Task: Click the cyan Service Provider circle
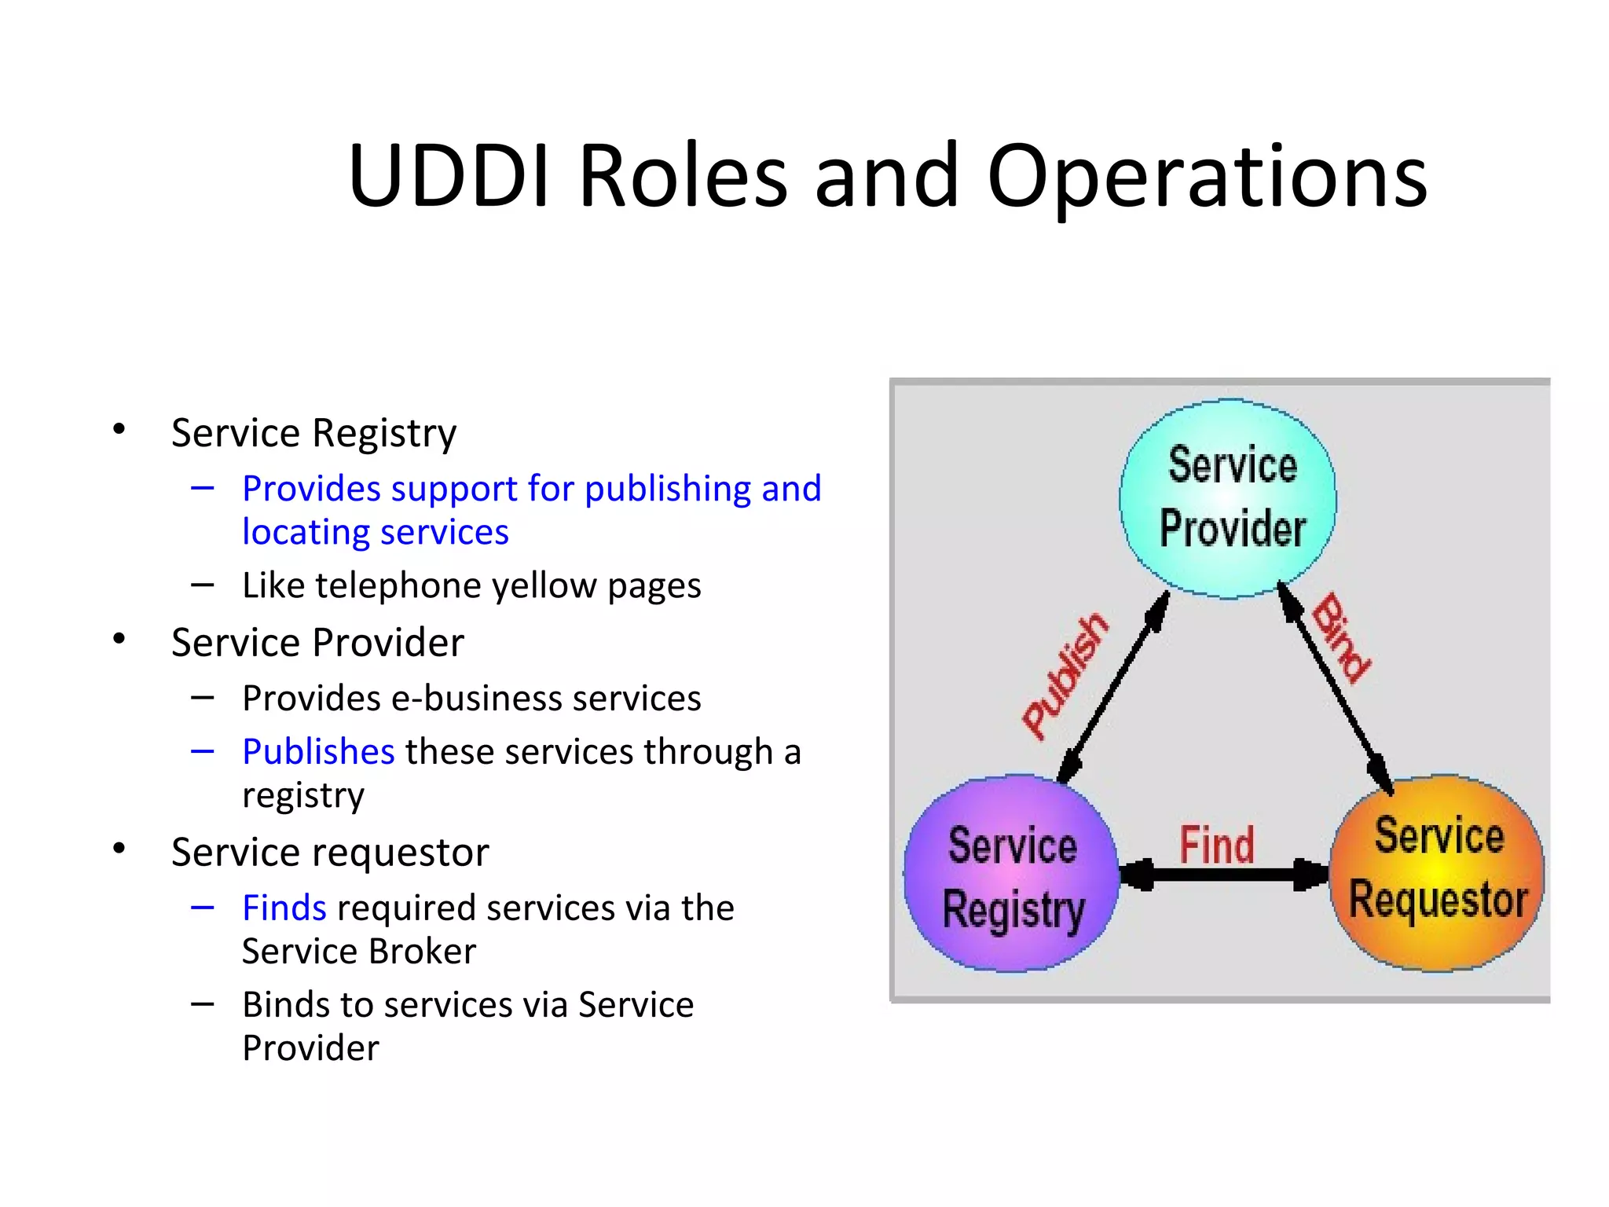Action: coord(1228,498)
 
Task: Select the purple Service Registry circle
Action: coord(1011,874)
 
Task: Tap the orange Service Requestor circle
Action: coord(1437,872)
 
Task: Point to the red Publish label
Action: coord(1065,675)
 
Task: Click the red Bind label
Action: coord(1342,637)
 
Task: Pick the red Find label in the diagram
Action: coord(1216,845)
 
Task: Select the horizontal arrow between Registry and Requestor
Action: coord(1224,875)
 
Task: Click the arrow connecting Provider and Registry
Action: coord(1113,687)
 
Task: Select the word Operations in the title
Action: coord(1207,177)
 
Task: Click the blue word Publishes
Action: coord(318,751)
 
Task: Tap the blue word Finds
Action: coord(284,908)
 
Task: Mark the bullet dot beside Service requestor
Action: coord(119,849)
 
